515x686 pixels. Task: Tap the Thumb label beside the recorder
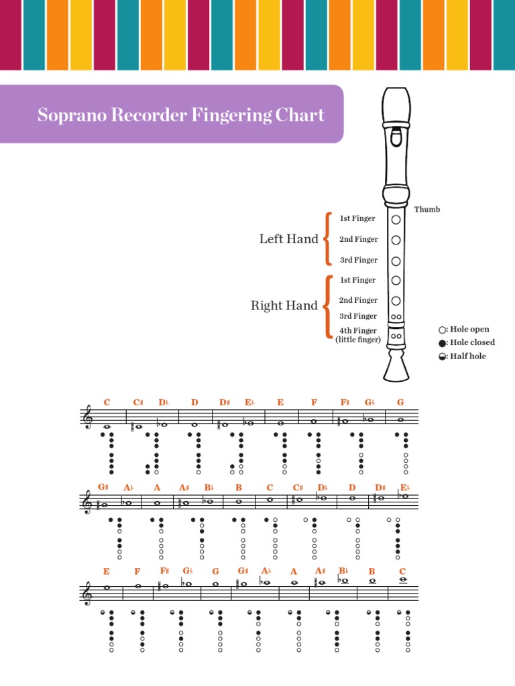tap(427, 210)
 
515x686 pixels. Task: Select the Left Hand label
tap(288, 239)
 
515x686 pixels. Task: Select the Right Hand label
tap(284, 305)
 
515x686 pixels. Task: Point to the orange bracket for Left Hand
tap(328, 238)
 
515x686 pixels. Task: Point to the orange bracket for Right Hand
tap(328, 306)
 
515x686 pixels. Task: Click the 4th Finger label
tap(357, 331)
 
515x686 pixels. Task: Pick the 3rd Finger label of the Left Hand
tap(358, 260)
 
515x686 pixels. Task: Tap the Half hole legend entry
tap(462, 356)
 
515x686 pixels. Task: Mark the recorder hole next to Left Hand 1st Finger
tap(396, 219)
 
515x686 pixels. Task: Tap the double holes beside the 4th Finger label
tap(396, 336)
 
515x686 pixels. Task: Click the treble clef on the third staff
tap(87, 592)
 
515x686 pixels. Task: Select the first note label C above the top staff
tap(107, 402)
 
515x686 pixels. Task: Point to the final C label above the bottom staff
tap(402, 571)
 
